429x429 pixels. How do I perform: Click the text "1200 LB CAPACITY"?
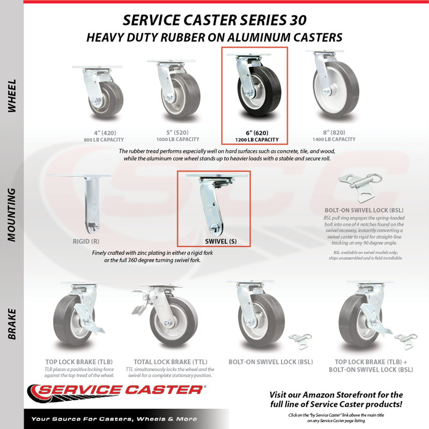coord(257,140)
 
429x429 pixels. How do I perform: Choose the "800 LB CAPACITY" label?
coord(104,140)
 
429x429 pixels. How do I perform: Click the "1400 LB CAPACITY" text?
coord(334,139)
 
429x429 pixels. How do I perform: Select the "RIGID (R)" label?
coord(86,241)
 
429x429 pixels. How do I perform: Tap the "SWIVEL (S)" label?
coord(221,241)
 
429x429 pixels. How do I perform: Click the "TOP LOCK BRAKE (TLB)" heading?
coord(79,362)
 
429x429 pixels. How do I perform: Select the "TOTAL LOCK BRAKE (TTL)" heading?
coord(171,362)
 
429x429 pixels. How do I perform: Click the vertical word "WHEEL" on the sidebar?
coord(12,96)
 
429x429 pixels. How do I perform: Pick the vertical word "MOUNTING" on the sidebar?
coord(12,215)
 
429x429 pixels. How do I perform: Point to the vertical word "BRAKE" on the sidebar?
coord(12,324)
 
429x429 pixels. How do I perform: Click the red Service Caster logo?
coord(117,393)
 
